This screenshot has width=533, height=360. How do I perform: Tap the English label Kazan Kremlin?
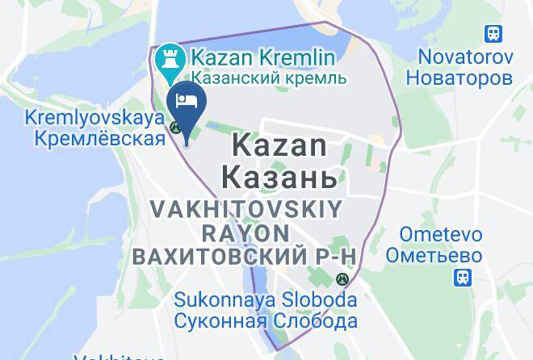click(263, 58)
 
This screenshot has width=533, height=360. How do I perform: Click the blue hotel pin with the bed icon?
click(187, 106)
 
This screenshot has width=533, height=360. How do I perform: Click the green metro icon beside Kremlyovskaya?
click(174, 126)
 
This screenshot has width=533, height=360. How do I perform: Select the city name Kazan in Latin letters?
click(279, 146)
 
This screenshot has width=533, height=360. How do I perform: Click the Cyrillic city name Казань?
click(275, 175)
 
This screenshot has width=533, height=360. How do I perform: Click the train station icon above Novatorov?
click(493, 34)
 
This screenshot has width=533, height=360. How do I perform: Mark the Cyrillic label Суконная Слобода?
click(266, 321)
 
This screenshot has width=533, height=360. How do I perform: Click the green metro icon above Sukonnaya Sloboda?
click(343, 279)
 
